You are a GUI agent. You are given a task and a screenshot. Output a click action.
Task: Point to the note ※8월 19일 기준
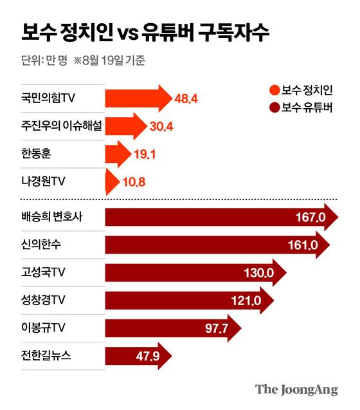(x=110, y=62)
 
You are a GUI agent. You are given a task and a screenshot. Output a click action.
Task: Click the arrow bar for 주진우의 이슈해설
(x=125, y=126)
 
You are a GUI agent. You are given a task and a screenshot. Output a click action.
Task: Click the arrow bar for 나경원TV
(x=111, y=182)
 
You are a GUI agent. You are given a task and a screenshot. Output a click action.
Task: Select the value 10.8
(x=134, y=182)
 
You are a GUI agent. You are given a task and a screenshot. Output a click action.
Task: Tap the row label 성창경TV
(x=44, y=301)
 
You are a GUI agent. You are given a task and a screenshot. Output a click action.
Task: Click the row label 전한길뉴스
(x=47, y=356)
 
